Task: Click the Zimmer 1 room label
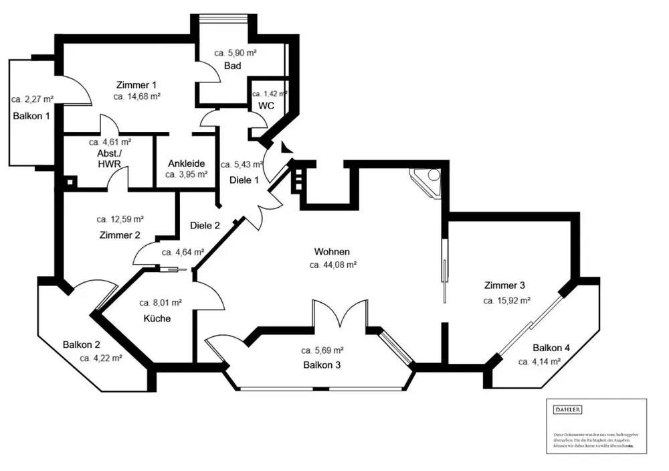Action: click(x=136, y=85)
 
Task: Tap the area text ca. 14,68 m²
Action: click(x=136, y=96)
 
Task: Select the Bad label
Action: click(x=232, y=66)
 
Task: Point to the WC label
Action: click(x=266, y=106)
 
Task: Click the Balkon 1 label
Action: click(x=31, y=116)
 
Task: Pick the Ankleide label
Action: click(x=186, y=163)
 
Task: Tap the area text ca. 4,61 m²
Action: click(x=110, y=142)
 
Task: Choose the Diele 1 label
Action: click(x=244, y=180)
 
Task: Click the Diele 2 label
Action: click(x=205, y=226)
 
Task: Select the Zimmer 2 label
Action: click(x=119, y=235)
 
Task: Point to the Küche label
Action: click(x=157, y=318)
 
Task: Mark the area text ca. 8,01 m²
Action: click(x=161, y=303)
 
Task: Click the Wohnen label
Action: click(x=332, y=252)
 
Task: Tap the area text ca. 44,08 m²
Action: click(x=332, y=265)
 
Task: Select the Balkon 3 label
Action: click(x=322, y=365)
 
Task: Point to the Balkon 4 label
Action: click(x=551, y=348)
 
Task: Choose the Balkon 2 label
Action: click(x=82, y=345)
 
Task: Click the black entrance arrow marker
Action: click(x=286, y=148)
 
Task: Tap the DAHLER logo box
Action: click(x=567, y=409)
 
